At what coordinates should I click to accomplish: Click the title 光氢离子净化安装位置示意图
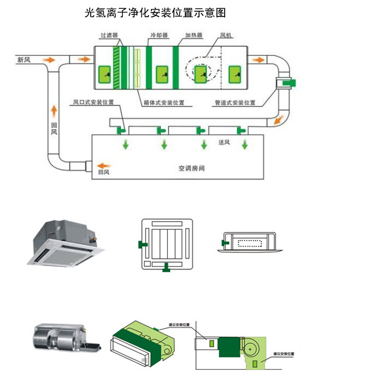tap(155, 12)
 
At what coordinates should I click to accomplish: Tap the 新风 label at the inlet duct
tap(24, 60)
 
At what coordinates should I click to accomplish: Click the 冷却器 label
tap(159, 36)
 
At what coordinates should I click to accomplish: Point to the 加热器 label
tap(194, 36)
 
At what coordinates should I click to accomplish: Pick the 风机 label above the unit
tap(226, 36)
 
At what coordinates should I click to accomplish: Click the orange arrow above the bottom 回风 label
tap(103, 164)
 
